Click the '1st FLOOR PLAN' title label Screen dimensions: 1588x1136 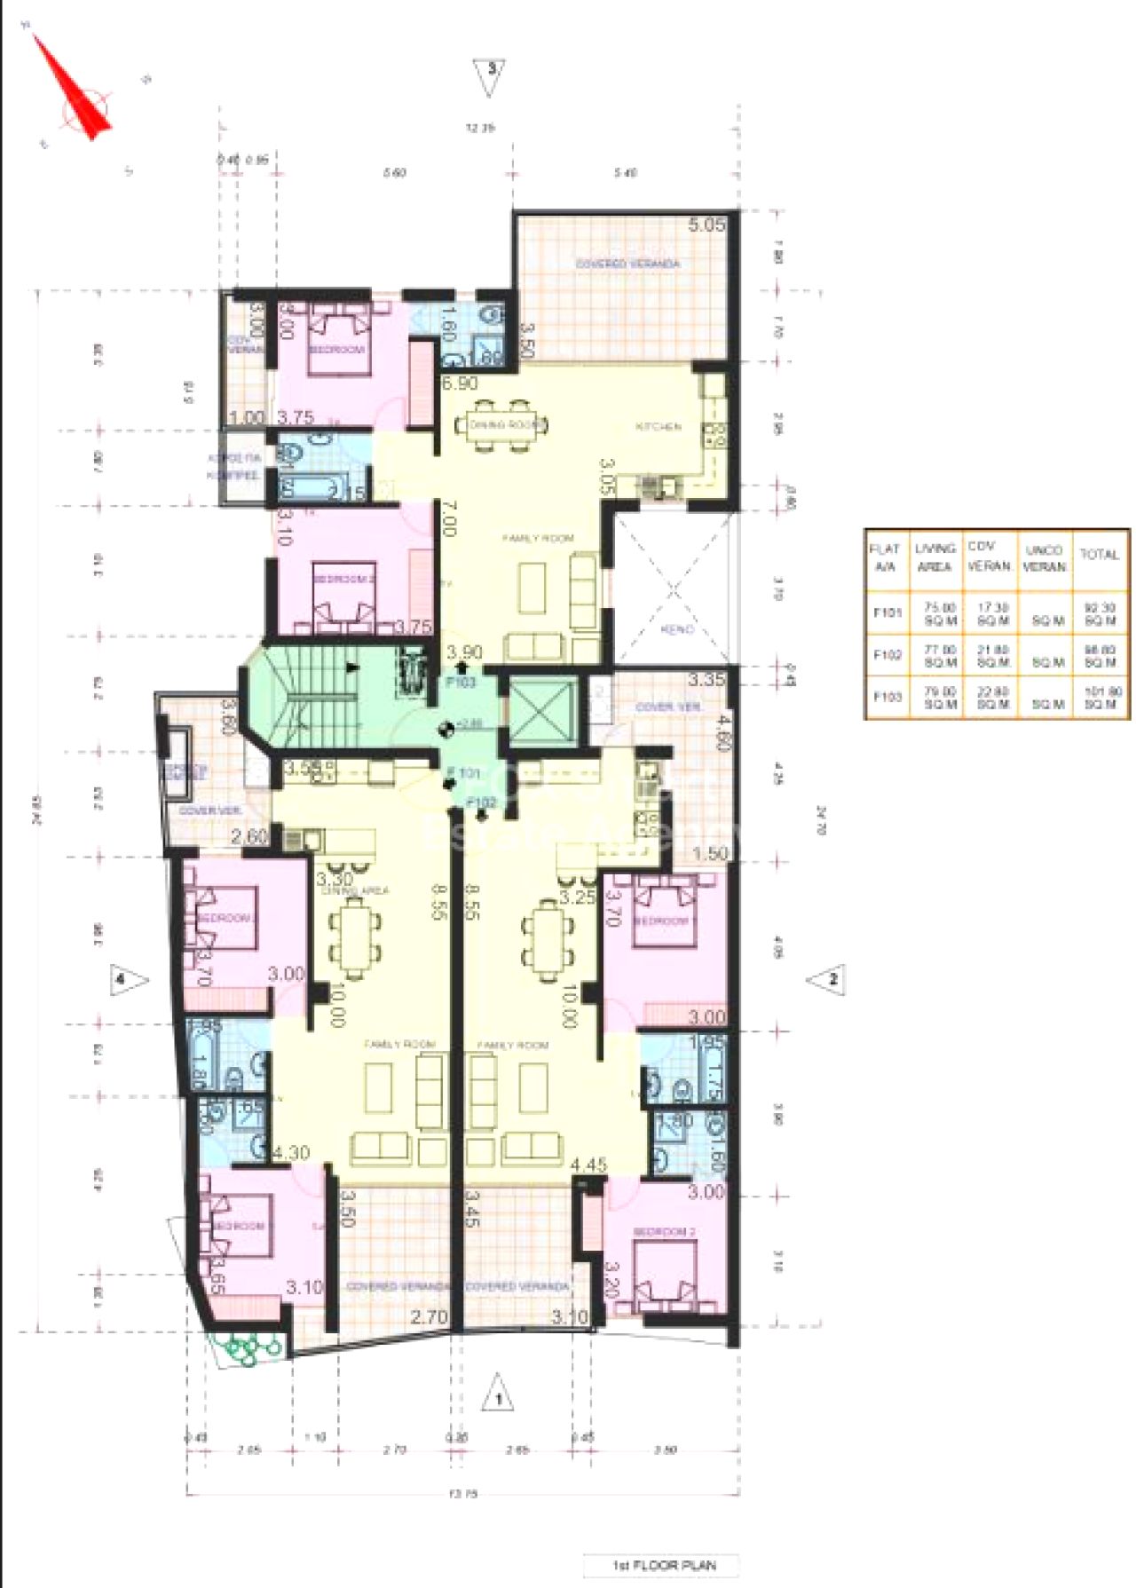(662, 1565)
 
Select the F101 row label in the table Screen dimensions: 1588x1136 (887, 612)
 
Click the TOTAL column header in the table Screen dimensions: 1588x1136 (1099, 555)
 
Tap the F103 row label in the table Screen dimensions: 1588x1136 (887, 697)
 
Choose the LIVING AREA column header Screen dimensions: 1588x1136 (935, 557)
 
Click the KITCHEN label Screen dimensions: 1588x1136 (659, 427)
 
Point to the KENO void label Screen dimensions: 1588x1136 (676, 629)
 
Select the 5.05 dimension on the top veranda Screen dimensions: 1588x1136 (706, 225)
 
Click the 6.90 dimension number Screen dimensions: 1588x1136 (460, 383)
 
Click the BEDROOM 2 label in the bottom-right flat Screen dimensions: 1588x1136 (664, 1232)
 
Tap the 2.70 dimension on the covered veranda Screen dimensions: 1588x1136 (429, 1317)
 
